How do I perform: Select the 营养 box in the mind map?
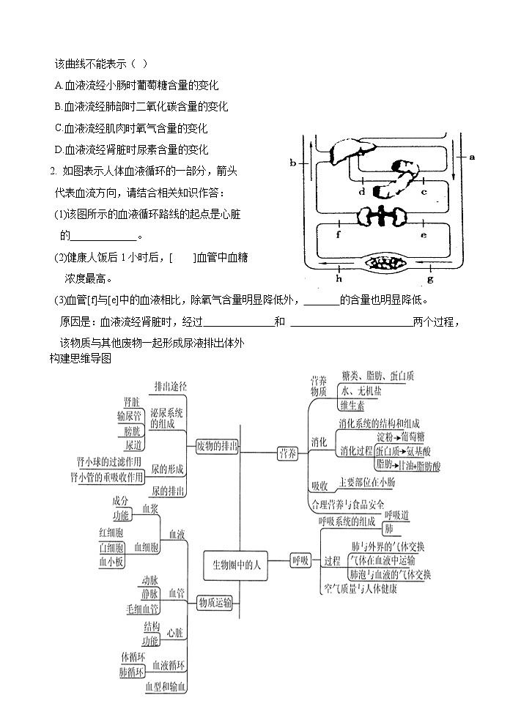click(287, 453)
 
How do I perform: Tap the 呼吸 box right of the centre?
click(300, 560)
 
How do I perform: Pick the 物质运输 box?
click(215, 603)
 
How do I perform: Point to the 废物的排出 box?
click(218, 446)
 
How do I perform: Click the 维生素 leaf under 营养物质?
click(352, 405)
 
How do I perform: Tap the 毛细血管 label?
click(143, 608)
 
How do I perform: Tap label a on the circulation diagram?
click(472, 156)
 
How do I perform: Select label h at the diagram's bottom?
click(339, 279)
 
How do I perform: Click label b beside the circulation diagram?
click(292, 163)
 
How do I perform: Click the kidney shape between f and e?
click(382, 217)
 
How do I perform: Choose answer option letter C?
click(58, 128)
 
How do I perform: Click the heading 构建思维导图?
click(80, 358)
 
